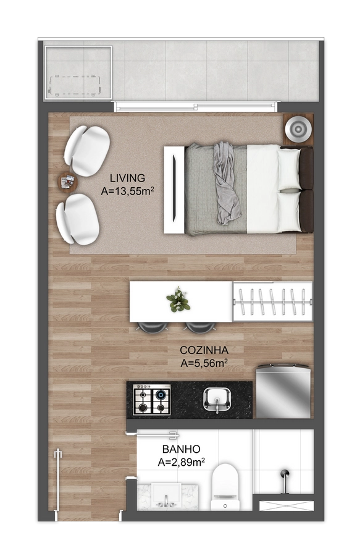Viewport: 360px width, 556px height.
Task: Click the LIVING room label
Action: pyautogui.click(x=127, y=178)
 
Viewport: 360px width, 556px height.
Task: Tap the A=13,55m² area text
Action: pyautogui.click(x=127, y=191)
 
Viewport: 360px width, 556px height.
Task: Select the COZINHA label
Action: pyautogui.click(x=204, y=350)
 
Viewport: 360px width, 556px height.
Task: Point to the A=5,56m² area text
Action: pyautogui.click(x=204, y=363)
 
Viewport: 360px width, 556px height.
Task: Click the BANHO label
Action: pyautogui.click(x=181, y=449)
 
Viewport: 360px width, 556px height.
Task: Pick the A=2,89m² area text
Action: pyautogui.click(x=181, y=462)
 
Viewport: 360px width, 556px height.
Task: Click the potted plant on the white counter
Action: pyautogui.click(x=178, y=300)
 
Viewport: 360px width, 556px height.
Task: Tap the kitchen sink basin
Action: pyautogui.click(x=217, y=399)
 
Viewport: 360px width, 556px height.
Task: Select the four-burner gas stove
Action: pyautogui.click(x=152, y=400)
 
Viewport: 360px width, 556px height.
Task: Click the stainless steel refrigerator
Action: pyautogui.click(x=283, y=391)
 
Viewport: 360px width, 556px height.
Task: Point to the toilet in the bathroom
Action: pyautogui.click(x=225, y=487)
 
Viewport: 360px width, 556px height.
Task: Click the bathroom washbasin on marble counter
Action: pyautogui.click(x=166, y=495)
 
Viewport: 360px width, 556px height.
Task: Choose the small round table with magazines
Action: pyautogui.click(x=67, y=182)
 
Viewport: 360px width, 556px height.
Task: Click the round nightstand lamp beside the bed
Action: pyautogui.click(x=298, y=129)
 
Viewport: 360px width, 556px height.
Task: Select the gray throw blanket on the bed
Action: pyautogui.click(x=225, y=183)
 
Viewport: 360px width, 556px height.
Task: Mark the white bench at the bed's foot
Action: pyautogui.click(x=174, y=190)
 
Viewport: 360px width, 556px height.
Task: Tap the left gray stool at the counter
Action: pyautogui.click(x=153, y=327)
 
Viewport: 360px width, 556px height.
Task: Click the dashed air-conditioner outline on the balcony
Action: pyautogui.click(x=75, y=85)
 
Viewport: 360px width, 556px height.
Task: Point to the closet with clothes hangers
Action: pyautogui.click(x=272, y=301)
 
